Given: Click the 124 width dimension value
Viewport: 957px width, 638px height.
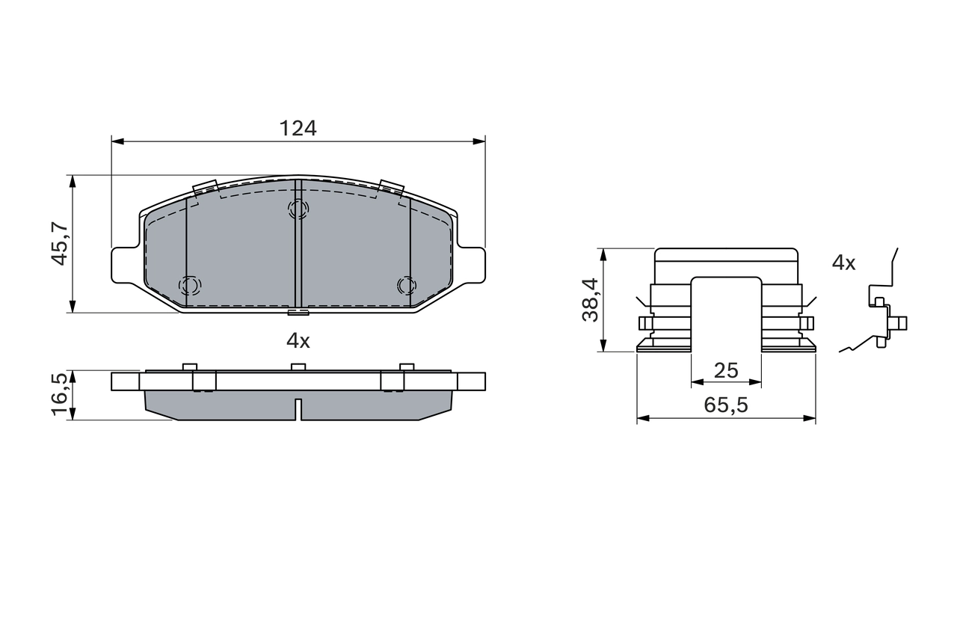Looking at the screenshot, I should coord(298,128).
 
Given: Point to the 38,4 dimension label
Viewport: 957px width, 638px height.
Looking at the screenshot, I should coord(590,299).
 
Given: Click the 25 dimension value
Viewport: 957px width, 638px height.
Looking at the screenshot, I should coord(726,369).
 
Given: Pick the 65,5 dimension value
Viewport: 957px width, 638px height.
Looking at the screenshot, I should coord(726,405).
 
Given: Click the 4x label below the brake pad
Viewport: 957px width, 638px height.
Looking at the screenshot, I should coord(298,341).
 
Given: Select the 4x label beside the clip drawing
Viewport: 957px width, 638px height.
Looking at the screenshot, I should coord(843,263).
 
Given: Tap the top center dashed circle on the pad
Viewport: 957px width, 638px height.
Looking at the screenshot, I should coord(298,209).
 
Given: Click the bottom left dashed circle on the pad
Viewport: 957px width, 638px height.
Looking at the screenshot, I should coord(190,285).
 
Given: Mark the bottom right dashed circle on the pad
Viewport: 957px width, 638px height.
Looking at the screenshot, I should coord(405,285).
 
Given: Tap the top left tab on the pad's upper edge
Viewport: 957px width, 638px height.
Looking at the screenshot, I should coord(204,188).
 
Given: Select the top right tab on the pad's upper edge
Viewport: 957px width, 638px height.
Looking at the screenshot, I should coord(391,187).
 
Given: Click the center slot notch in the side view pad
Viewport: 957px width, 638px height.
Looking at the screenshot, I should coord(298,409).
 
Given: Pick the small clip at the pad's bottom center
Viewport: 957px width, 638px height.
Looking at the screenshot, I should coord(298,312).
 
